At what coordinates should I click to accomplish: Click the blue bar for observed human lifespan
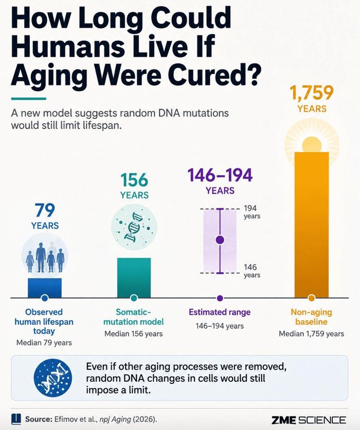(x=45, y=288)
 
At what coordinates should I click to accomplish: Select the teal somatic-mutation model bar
(x=134, y=277)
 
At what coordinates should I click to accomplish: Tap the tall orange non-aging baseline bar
(x=311, y=225)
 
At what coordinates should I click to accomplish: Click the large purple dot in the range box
(x=220, y=240)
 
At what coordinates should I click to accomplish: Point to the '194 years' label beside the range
(x=252, y=212)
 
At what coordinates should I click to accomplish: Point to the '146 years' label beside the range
(x=252, y=271)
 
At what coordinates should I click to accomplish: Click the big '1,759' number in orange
(x=312, y=92)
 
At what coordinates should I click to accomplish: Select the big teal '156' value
(x=134, y=180)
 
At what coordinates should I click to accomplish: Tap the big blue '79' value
(x=45, y=210)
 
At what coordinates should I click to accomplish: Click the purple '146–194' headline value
(x=220, y=175)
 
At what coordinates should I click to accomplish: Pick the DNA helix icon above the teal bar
(x=134, y=227)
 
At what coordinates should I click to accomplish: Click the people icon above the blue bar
(x=45, y=256)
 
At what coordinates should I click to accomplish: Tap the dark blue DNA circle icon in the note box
(x=53, y=378)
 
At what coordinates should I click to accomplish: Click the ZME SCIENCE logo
(x=309, y=420)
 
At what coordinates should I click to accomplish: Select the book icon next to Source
(x=16, y=419)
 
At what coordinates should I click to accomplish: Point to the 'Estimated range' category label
(x=220, y=312)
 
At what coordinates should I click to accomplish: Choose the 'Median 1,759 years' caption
(x=311, y=333)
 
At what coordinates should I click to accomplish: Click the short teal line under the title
(x=29, y=99)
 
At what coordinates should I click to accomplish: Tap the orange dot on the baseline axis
(x=311, y=298)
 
